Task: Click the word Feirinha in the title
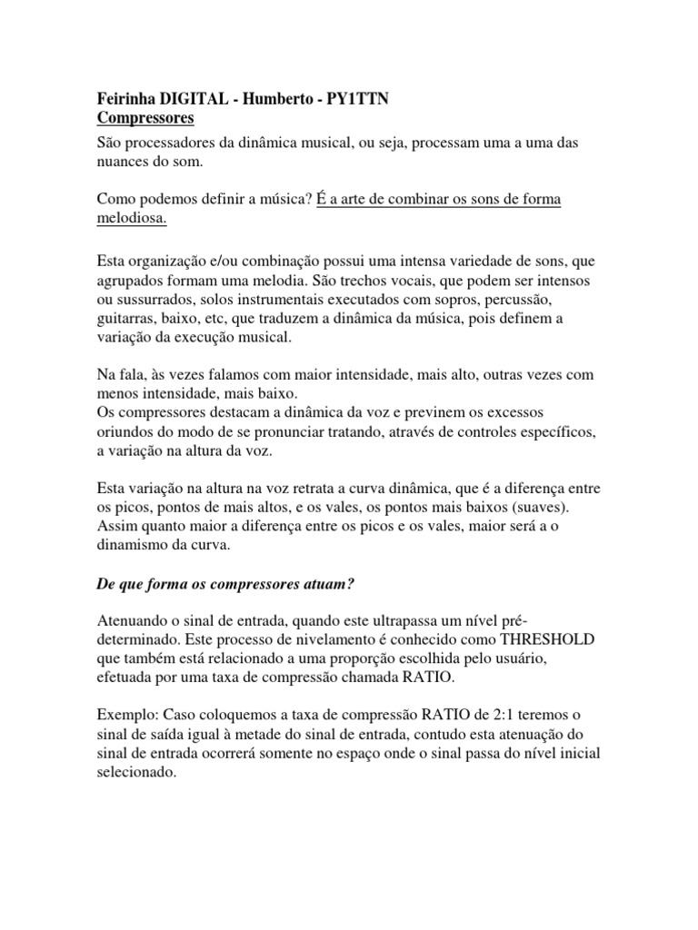click(125, 99)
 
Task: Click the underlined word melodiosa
click(131, 221)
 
